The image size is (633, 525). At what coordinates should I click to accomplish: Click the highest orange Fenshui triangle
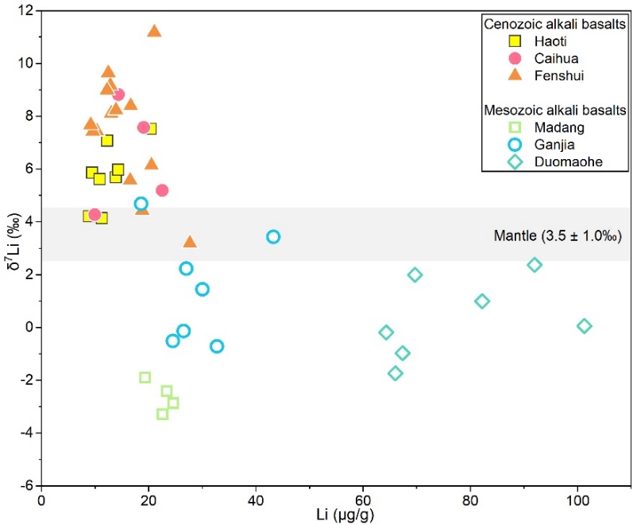[154, 31]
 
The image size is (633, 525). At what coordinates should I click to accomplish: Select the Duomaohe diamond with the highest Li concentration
[585, 326]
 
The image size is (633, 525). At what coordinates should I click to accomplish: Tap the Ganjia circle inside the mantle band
[273, 236]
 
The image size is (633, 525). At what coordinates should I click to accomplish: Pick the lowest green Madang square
[163, 414]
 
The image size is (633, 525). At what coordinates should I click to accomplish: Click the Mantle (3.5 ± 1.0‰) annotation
[557, 236]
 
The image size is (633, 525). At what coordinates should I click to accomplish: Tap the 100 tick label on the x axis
[577, 500]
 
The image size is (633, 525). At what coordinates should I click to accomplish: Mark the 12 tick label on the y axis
[25, 10]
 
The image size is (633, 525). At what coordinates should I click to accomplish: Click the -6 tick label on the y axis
[25, 485]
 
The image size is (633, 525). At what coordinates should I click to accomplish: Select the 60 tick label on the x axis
[363, 500]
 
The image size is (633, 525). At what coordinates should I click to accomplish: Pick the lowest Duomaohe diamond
[396, 373]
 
